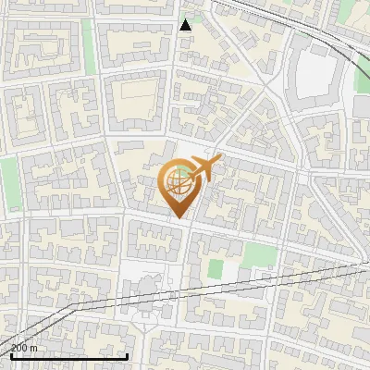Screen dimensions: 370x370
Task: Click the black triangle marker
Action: tap(186, 25)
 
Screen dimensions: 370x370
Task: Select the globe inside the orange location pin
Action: tap(176, 183)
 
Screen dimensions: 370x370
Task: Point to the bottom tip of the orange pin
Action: tap(177, 217)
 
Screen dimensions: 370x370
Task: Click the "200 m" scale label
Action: tap(24, 348)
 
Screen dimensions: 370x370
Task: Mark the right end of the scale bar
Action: tap(127, 354)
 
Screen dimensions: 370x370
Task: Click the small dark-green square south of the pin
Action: tap(216, 269)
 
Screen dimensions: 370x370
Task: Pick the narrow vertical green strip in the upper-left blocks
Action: tap(89, 42)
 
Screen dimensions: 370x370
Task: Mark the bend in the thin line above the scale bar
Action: tap(72, 304)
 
